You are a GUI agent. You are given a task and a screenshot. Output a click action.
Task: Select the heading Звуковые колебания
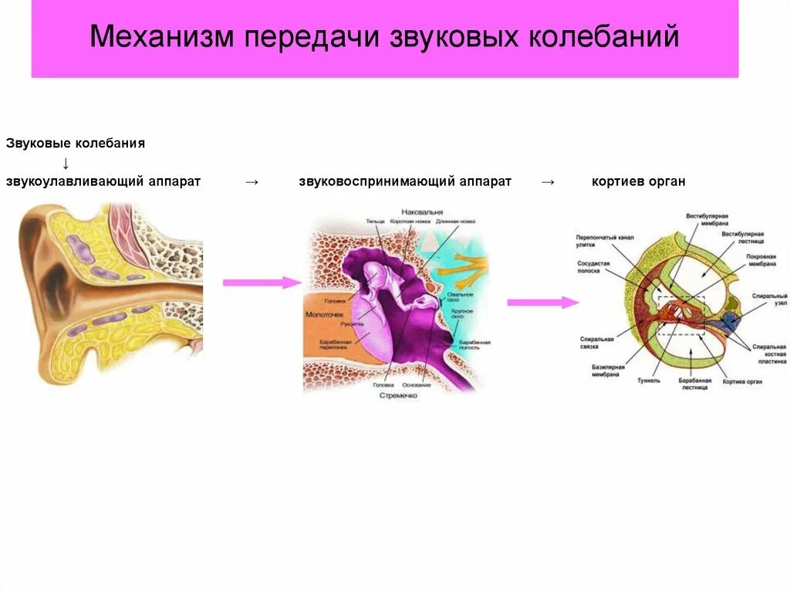[x=76, y=144]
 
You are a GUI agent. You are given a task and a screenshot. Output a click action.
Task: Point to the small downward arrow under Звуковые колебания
[x=66, y=163]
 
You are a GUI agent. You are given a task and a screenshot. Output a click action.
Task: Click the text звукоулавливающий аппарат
[x=103, y=181]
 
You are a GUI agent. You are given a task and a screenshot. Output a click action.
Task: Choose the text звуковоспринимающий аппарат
[x=405, y=181]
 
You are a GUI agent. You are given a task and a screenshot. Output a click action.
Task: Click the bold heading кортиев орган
[x=639, y=181]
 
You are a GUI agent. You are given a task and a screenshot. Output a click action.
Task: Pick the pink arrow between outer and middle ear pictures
[x=261, y=282]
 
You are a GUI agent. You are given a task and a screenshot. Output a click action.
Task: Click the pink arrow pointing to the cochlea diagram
[x=542, y=303]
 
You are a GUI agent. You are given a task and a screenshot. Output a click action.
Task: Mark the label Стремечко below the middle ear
[x=398, y=395]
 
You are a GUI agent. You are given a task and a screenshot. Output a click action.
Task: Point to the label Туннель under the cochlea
[x=649, y=381]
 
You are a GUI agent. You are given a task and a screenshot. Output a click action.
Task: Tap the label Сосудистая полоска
[x=593, y=267]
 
